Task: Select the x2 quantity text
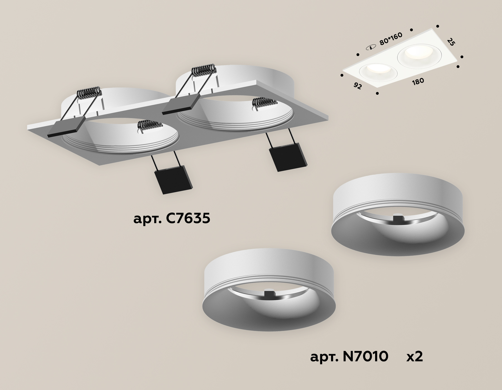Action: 415,356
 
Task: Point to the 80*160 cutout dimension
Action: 391,40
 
